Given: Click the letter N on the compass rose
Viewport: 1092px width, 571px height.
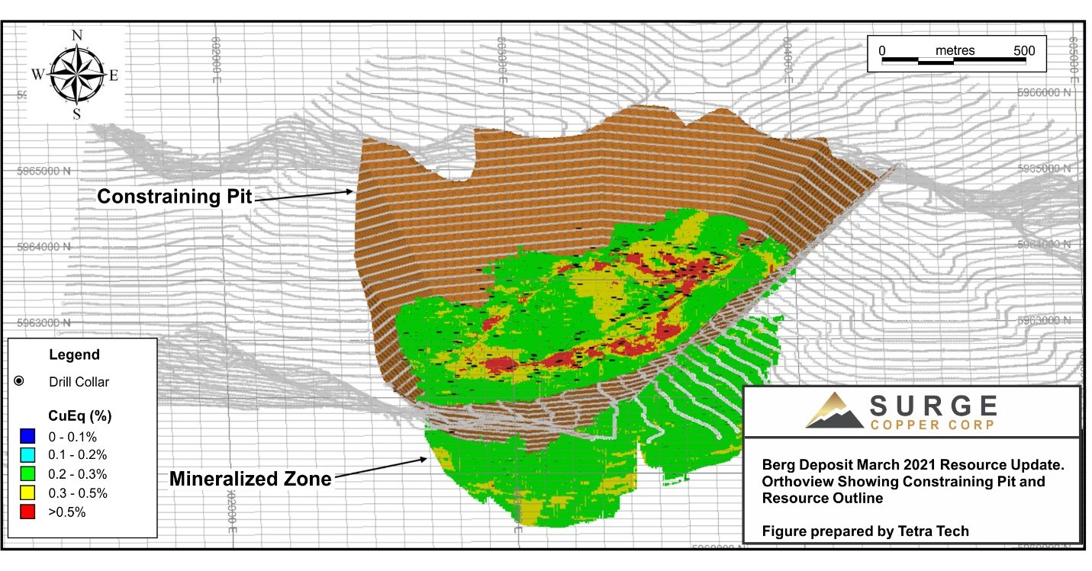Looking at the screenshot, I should click(x=76, y=36).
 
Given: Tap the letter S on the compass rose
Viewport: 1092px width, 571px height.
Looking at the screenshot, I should click(x=76, y=114).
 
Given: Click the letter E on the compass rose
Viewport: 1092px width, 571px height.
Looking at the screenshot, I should click(x=114, y=75).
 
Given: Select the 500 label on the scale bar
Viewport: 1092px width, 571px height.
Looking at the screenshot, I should click(x=1024, y=50).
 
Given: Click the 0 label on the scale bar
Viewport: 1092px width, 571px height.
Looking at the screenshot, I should click(x=882, y=50).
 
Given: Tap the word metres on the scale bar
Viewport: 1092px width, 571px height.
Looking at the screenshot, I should click(x=955, y=50).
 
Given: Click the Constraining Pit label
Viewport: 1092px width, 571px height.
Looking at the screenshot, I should click(x=174, y=197).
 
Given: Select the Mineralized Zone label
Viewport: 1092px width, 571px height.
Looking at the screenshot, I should click(x=250, y=479).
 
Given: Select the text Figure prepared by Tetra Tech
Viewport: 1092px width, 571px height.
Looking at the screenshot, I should click(x=865, y=531).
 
